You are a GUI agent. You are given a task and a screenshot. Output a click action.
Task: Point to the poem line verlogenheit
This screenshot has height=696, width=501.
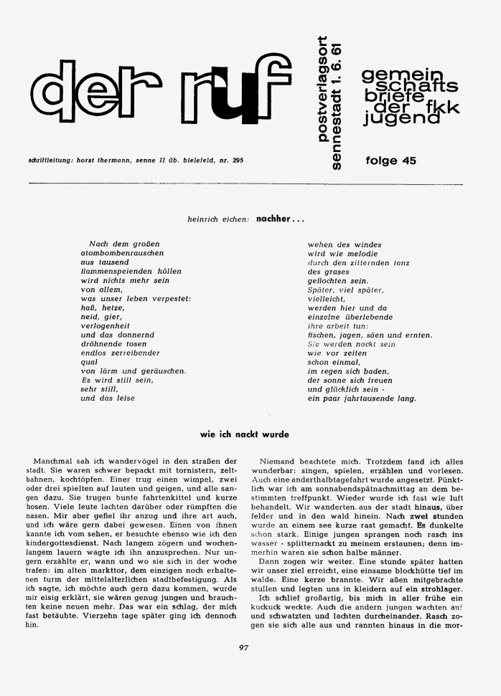click(111, 324)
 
